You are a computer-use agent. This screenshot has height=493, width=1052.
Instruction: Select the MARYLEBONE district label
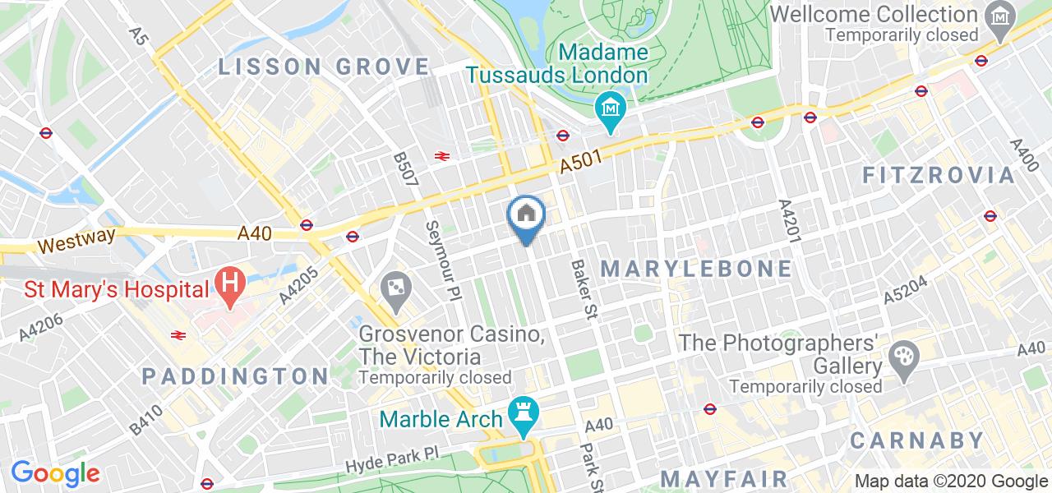click(698, 269)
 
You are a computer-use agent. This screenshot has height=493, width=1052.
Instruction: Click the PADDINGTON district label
click(235, 376)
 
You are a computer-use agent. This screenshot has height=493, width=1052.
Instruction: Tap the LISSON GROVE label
click(325, 67)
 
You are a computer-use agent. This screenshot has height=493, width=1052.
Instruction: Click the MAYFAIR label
click(724, 478)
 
